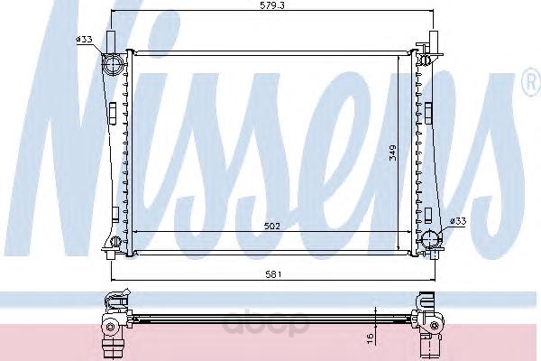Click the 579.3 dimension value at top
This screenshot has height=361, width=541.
272,5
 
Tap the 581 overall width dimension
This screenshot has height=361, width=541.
273,274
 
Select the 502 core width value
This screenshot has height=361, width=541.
272,227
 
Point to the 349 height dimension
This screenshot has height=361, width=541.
392,153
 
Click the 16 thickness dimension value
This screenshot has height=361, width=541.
371,338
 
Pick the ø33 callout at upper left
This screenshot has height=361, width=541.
84,39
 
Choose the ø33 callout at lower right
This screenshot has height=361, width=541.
458,221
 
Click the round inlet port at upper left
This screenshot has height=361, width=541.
113,64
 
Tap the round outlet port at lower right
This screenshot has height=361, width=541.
432,238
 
